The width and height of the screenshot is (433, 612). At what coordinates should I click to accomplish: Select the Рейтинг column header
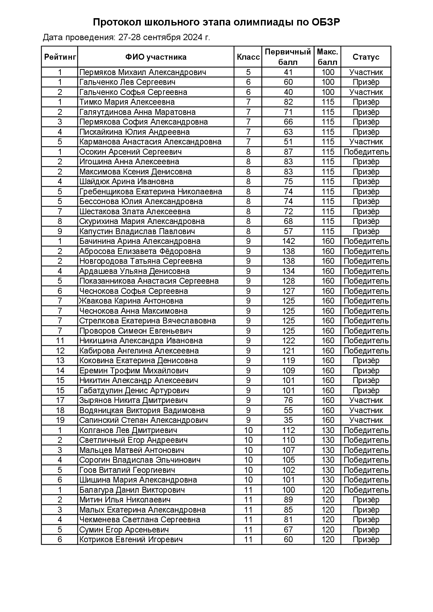pos(60,57)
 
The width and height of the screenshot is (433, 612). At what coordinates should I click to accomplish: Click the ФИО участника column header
pos(156,57)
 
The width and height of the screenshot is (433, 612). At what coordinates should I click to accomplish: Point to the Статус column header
pos(366,57)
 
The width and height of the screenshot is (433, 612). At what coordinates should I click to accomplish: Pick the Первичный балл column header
pos(288,57)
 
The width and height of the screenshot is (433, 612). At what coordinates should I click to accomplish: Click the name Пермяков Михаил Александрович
pos(142,72)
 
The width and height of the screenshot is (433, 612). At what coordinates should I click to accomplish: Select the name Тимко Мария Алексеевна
pos(127,102)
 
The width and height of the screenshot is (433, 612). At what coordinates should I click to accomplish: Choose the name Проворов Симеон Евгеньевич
pos(135,331)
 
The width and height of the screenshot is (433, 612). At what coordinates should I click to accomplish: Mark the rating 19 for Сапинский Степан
pos(60,420)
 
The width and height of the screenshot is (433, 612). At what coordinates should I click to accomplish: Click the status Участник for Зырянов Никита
pos(366,400)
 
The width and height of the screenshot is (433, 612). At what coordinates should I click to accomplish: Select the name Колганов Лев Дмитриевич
pos(128,430)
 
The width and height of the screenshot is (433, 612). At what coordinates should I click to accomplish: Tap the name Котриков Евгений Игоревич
pos(131,539)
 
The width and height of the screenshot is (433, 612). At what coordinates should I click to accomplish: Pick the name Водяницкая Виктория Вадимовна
pos(142,410)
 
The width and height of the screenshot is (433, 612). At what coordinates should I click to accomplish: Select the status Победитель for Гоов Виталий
pos(366,470)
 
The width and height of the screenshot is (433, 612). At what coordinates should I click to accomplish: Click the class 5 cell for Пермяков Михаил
pos(248,72)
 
